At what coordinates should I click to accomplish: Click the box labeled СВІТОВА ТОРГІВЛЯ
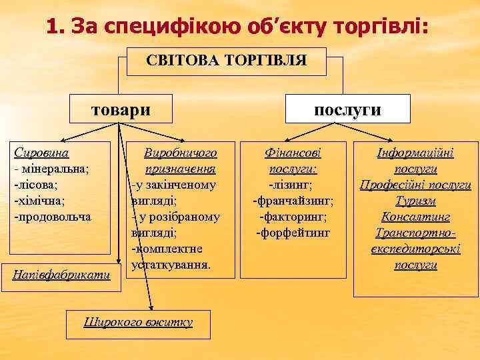click(x=227, y=61)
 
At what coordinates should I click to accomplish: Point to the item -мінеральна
click(x=52, y=169)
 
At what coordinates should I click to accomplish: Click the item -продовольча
click(x=53, y=217)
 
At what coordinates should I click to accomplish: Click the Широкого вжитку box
click(x=138, y=322)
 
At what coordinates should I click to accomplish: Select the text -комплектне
click(x=169, y=249)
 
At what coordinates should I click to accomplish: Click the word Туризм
click(x=415, y=201)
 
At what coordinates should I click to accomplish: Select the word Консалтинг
click(x=415, y=217)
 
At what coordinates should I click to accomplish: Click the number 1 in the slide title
click(x=53, y=27)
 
